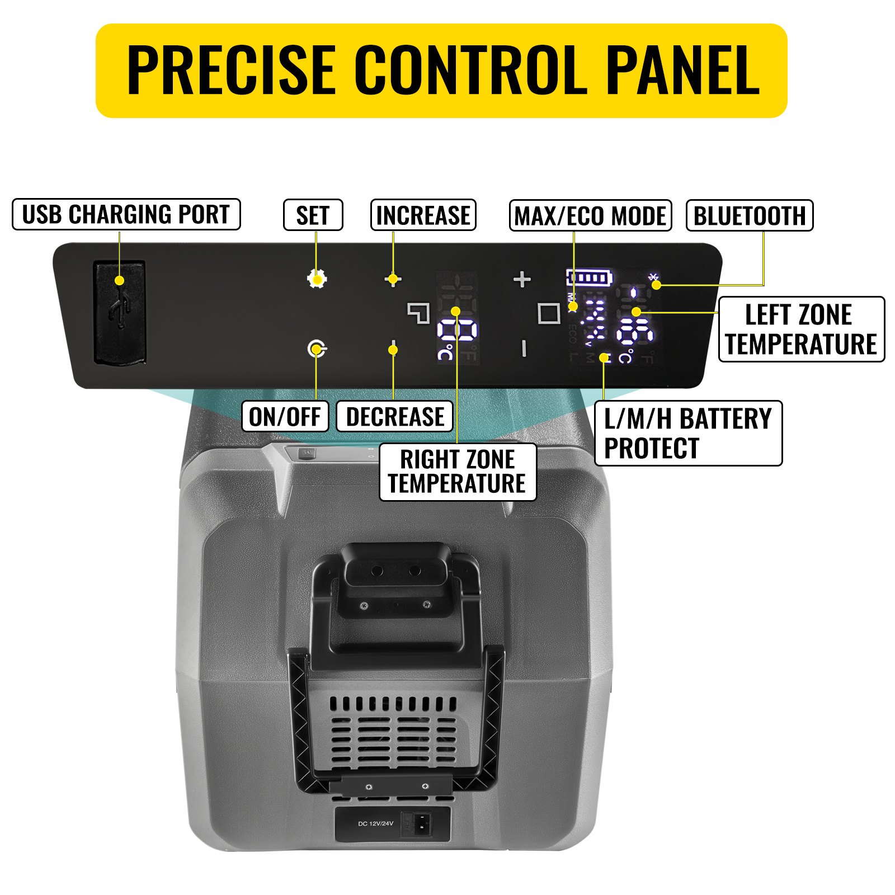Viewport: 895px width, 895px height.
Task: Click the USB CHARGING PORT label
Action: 126,214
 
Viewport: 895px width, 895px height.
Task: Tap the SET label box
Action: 313,215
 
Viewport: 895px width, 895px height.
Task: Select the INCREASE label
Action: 423,215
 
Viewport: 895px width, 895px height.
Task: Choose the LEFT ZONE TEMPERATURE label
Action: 800,329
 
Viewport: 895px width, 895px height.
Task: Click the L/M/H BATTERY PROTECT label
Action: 687,433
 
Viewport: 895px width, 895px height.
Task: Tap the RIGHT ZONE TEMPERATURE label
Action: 458,472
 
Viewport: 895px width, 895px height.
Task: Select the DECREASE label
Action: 394,417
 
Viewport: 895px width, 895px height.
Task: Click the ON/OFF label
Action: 285,417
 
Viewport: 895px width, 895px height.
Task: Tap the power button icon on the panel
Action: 317,349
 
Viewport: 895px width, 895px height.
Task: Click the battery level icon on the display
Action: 589,277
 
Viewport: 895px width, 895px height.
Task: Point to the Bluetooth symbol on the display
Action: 653,277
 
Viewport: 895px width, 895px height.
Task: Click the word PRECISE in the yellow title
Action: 231,70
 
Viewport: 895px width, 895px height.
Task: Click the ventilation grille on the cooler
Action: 393,727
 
